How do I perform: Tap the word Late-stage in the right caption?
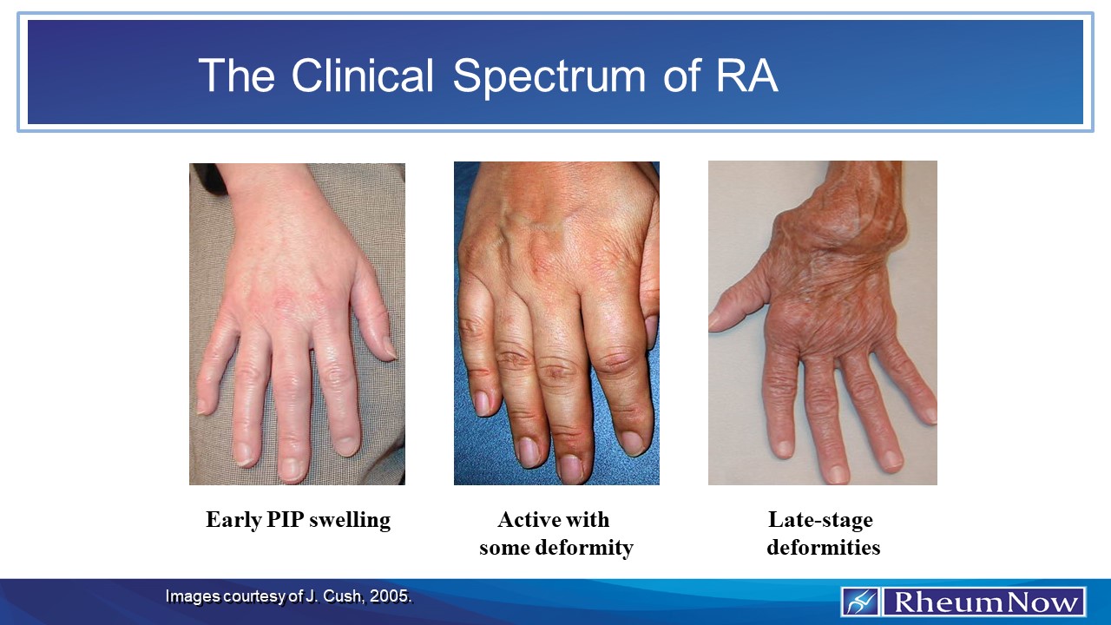point(820,520)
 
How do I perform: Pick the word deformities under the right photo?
point(823,548)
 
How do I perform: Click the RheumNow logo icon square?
point(861,602)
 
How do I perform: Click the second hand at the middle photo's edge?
point(648,286)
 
